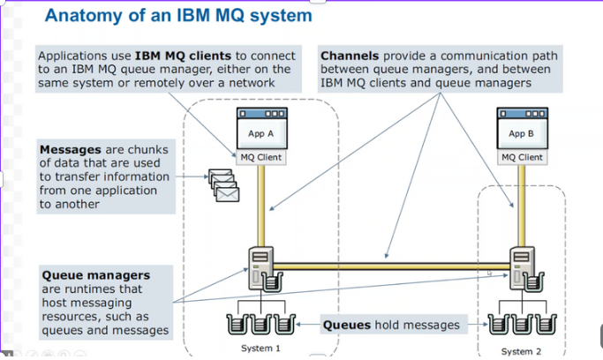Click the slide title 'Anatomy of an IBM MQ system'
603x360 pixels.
coord(177,16)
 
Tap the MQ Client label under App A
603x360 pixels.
coord(260,157)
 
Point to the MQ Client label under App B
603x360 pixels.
coord(521,157)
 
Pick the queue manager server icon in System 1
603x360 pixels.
coord(261,265)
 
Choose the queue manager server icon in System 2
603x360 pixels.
coord(521,265)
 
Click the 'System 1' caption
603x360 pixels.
coord(260,349)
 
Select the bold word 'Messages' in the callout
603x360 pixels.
coord(71,150)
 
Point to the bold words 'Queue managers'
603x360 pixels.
coord(95,275)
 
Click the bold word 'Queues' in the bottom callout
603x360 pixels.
coord(346,325)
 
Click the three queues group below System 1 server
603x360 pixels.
coord(260,322)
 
